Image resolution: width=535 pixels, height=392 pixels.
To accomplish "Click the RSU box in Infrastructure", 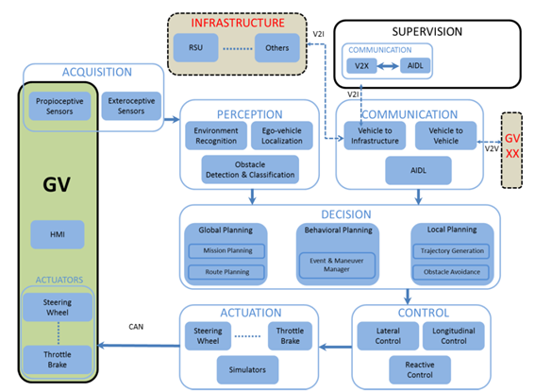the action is pos(196,48).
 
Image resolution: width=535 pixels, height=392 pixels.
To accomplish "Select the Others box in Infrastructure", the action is pos(277,48).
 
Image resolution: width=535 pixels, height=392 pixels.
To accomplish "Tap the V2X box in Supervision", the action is pos(361,66).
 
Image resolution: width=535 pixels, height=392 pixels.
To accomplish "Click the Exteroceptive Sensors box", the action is pos(131,106).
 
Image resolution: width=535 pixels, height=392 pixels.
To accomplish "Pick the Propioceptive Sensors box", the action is pos(59,106).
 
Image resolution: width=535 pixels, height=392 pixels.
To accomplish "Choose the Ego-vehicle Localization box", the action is pos(282,136).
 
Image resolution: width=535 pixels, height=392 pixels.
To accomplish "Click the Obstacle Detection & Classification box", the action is pos(250,170).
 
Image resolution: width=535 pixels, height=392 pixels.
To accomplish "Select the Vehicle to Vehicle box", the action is pos(445,136).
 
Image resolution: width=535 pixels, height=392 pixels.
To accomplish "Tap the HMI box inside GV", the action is pos(58,234).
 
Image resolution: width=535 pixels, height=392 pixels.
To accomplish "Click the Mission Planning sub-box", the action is pos(226,251).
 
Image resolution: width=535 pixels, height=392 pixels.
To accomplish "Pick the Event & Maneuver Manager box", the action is pos(337,265).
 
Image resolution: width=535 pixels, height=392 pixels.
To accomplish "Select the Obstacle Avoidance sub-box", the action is pos(451,272).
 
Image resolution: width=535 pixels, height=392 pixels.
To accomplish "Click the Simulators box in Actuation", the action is pos(247,370).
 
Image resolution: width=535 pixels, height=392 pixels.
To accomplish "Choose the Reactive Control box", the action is pos(420,370).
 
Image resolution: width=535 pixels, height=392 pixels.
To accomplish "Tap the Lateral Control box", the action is pos(388,336).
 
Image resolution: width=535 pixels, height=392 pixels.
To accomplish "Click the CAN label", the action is pos(136,327).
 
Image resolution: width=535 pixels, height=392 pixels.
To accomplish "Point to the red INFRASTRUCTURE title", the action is pos(238,23).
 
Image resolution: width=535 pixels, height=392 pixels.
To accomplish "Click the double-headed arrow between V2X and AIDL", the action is pos(388,66).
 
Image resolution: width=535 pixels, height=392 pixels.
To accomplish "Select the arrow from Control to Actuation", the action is pos(335,348).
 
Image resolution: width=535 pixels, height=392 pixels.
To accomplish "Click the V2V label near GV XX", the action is pos(492,148).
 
